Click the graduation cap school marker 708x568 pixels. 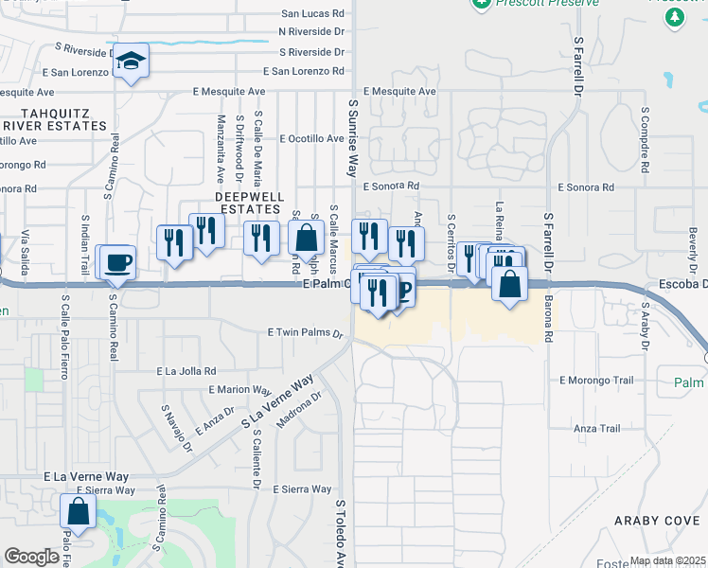click(x=130, y=62)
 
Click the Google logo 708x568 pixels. click(x=31, y=557)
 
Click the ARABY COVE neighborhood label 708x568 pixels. click(x=656, y=521)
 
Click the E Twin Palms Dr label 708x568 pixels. click(x=304, y=332)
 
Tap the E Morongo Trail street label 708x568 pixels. click(x=596, y=381)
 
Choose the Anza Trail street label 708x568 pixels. click(x=596, y=429)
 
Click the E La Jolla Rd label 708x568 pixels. click(x=186, y=371)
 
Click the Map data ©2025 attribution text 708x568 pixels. click(x=665, y=560)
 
